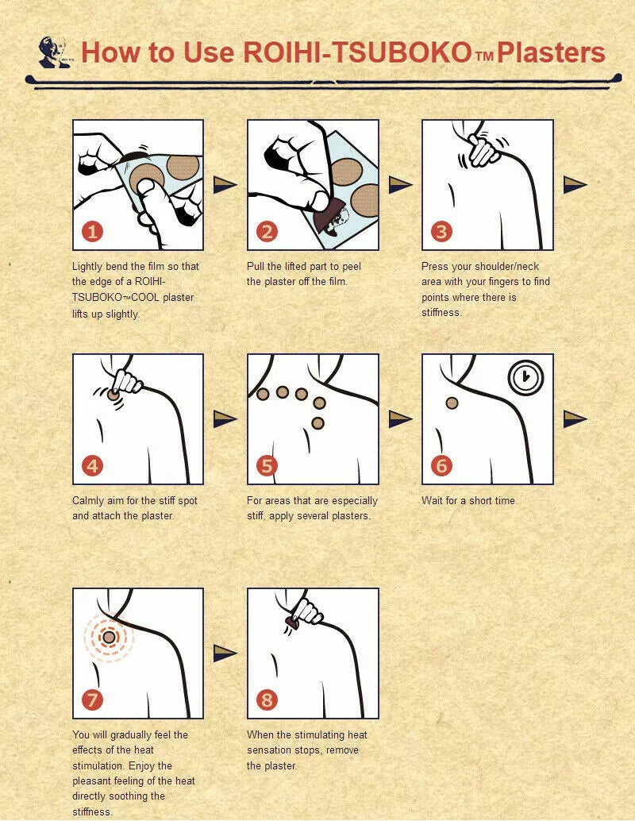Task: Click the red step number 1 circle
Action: [92, 231]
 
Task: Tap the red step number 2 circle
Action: [267, 231]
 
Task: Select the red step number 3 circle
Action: [441, 231]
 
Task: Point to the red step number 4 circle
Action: [92, 465]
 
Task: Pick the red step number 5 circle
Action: [267, 465]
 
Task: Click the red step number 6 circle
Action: [441, 465]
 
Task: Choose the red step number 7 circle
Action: [92, 700]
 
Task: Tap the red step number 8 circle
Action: [267, 700]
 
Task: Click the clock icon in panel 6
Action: [526, 377]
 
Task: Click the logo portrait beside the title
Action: [54, 52]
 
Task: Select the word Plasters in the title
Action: [551, 53]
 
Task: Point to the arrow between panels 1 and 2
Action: [225, 184]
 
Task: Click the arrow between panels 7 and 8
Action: [225, 653]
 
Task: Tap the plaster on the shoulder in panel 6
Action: [452, 403]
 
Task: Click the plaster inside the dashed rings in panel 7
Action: [109, 638]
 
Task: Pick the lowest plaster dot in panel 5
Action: [317, 423]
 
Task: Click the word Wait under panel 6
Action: [432, 500]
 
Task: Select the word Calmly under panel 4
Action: [88, 501]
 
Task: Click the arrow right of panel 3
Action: [575, 184]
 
